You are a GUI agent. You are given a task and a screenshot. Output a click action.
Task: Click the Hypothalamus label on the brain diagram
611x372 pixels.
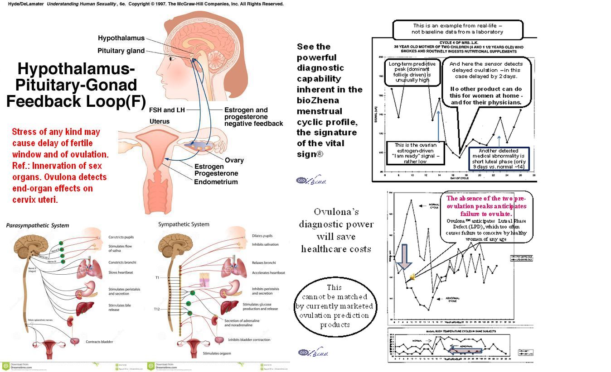click(x=121, y=38)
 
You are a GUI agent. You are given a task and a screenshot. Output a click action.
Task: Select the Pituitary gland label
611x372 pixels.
click(x=121, y=51)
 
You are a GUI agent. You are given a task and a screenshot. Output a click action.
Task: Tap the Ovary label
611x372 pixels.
click(x=234, y=160)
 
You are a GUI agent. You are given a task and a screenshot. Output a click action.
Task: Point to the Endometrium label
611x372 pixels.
click(x=216, y=182)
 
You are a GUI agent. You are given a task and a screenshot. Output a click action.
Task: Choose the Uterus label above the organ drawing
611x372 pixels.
click(x=160, y=121)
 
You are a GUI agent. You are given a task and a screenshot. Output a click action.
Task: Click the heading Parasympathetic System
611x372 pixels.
click(x=38, y=225)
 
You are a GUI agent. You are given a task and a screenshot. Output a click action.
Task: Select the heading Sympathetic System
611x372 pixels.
click(x=184, y=224)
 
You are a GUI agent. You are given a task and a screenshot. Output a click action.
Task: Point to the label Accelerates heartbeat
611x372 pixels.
click(x=268, y=273)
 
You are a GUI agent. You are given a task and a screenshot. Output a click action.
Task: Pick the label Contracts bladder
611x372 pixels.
click(x=99, y=342)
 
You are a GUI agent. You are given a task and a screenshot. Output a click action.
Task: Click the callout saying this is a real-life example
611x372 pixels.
click(x=457, y=29)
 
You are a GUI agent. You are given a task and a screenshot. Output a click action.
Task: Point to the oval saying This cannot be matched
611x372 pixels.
click(x=334, y=306)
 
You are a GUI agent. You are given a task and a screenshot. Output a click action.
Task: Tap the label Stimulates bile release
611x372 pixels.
click(x=120, y=308)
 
